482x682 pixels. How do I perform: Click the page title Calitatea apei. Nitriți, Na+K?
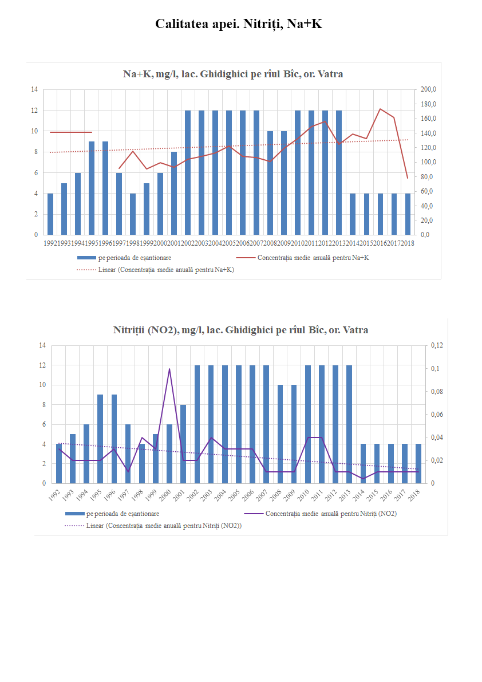[241, 24]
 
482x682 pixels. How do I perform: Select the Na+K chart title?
[233, 74]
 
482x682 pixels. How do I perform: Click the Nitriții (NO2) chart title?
[240, 330]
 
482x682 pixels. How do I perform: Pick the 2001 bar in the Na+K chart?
[174, 193]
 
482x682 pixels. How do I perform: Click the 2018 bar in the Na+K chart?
[408, 214]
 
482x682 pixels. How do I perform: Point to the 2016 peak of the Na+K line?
[380, 109]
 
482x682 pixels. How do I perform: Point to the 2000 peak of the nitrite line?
[169, 369]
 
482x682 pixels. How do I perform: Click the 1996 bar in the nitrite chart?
[114, 439]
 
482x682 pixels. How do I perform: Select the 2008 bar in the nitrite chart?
[280, 434]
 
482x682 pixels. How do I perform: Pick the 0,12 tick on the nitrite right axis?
[437, 345]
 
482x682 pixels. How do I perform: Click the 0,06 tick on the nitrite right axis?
[437, 415]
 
